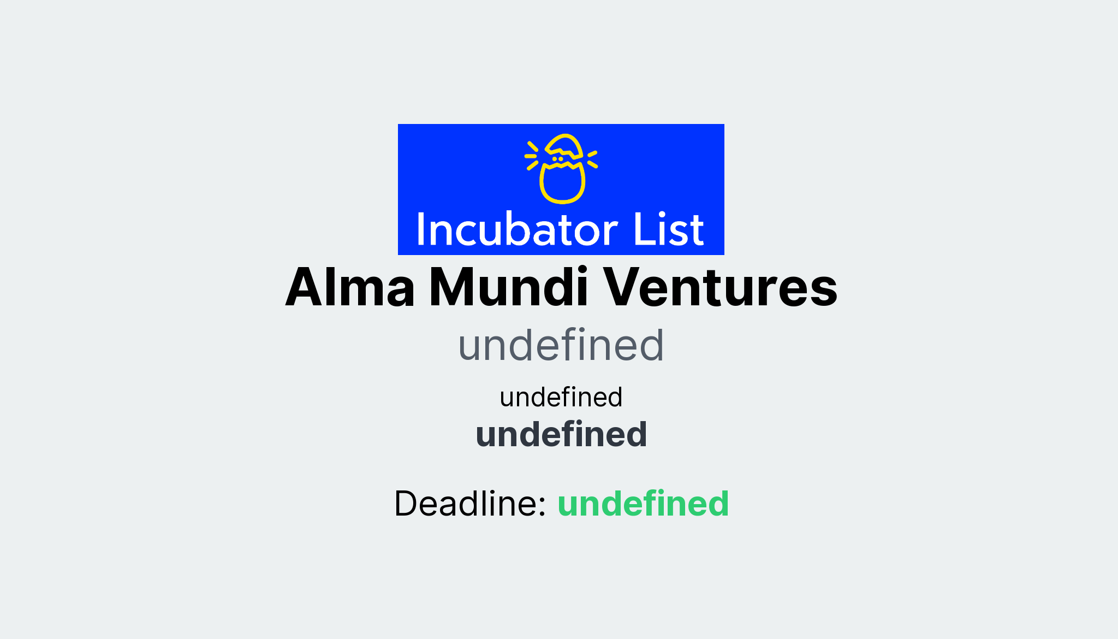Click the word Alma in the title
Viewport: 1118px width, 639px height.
pos(350,287)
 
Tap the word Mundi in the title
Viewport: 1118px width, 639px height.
pos(509,287)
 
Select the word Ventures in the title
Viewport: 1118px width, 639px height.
pos(720,287)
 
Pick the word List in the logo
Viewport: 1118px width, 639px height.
pos(668,229)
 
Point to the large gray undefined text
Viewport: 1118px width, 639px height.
pos(561,345)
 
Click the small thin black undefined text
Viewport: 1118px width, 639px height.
pos(561,397)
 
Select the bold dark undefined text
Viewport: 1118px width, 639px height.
pos(561,435)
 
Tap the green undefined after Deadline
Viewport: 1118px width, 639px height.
pos(643,503)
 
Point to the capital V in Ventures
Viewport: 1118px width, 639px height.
pos(626,287)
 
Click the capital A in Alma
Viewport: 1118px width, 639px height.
pos(306,287)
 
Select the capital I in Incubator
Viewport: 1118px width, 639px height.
pos(421,229)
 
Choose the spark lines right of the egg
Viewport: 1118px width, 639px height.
pos(592,158)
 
